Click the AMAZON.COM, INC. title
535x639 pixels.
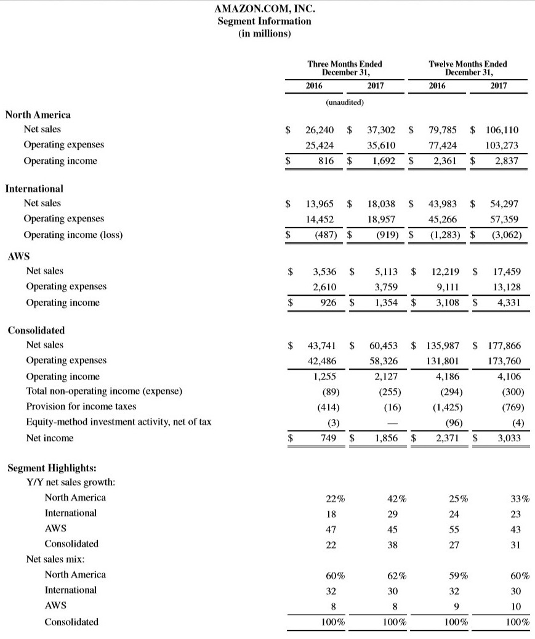tap(265, 9)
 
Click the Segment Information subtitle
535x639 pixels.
tap(265, 22)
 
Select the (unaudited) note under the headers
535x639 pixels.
tap(345, 101)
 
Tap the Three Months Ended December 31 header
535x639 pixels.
tap(344, 68)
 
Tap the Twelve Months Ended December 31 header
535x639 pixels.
tap(467, 68)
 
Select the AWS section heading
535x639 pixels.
tap(18, 256)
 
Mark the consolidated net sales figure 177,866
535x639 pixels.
tap(503, 345)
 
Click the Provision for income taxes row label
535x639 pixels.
tap(81, 406)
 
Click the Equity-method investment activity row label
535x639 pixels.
tap(119, 422)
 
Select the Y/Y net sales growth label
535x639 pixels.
tap(71, 482)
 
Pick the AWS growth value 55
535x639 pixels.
tap(454, 529)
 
